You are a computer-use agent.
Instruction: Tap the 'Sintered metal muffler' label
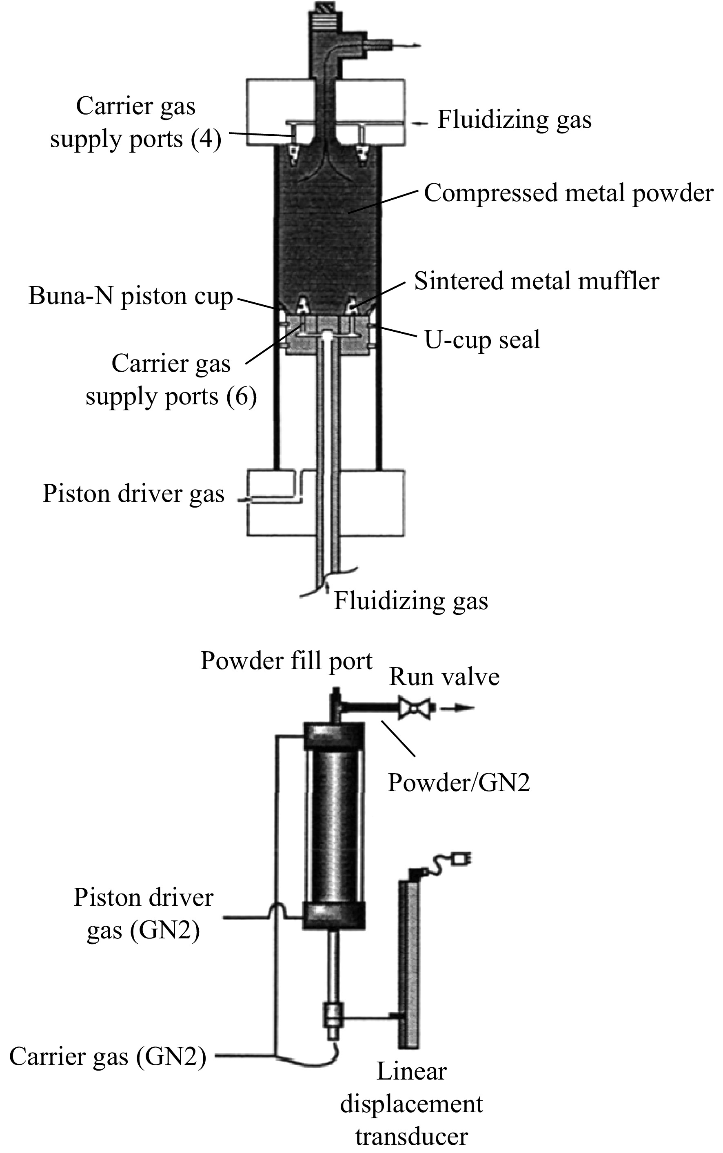pyautogui.click(x=537, y=281)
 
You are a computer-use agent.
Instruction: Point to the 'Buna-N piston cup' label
pyautogui.click(x=131, y=296)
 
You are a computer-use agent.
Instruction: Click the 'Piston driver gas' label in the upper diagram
pyautogui.click(x=133, y=494)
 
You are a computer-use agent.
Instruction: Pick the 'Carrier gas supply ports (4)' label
pyautogui.click(x=136, y=123)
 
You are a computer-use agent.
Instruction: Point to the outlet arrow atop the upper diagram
pyautogui.click(x=406, y=46)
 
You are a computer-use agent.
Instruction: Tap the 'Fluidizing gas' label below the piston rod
pyautogui.click(x=411, y=601)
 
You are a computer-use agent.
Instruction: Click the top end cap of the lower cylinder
pyautogui.click(x=334, y=736)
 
